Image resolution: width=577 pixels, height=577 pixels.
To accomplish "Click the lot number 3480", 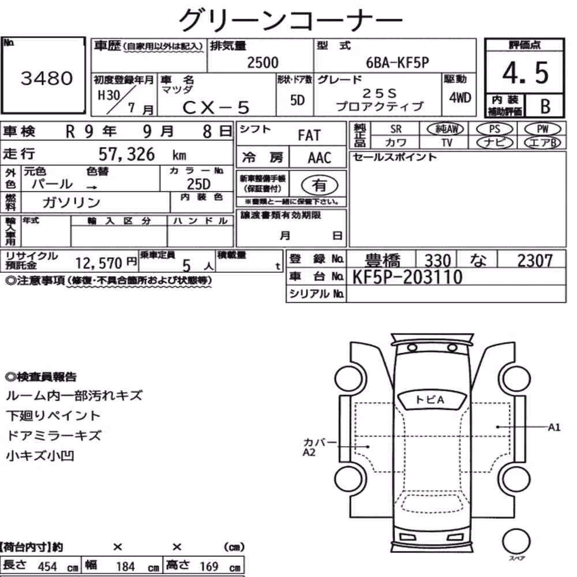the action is pos(47,78).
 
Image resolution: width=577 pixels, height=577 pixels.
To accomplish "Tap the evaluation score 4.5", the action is pos(526,73).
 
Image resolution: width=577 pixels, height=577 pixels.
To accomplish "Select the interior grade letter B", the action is pos(545,106).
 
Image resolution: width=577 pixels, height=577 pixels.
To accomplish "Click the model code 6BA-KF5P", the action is pos(398,62).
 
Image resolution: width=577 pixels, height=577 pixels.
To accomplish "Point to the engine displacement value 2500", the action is pos(263,62).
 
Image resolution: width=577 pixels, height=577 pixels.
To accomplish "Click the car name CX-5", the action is pos(216,107).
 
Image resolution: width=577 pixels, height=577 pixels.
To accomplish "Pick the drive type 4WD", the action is pos(460,98).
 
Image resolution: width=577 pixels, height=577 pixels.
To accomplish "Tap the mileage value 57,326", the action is pos(126,154).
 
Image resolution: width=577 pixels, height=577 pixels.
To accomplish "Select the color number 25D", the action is pos(198,183).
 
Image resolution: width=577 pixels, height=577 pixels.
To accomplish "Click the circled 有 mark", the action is pos(320,185).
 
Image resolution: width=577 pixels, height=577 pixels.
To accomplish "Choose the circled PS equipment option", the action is pos(494,129).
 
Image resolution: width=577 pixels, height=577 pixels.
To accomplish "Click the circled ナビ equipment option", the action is pos(494,143).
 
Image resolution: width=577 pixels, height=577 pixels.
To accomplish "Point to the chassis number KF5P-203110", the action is pos(407,277).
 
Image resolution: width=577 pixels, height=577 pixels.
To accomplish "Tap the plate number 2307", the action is pos(535,261).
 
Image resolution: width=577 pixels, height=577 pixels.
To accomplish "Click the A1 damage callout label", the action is pos(554,427).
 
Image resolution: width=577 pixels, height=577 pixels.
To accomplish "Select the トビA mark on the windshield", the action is pos(430,400).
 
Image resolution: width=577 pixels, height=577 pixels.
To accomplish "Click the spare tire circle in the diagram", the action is pos(516,541).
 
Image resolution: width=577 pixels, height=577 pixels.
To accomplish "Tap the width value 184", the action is pos(125,567).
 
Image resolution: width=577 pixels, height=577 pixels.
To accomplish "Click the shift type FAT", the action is pos(309,136).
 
